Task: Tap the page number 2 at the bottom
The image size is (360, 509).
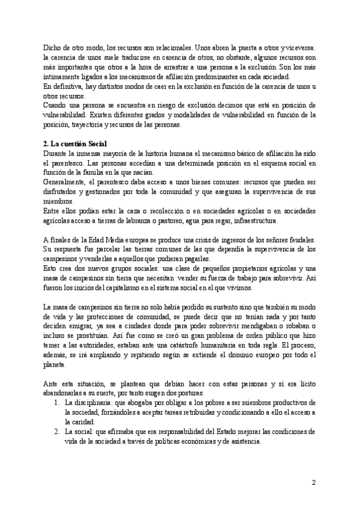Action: click(x=313, y=482)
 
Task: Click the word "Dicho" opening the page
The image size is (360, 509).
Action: click(x=53, y=46)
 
